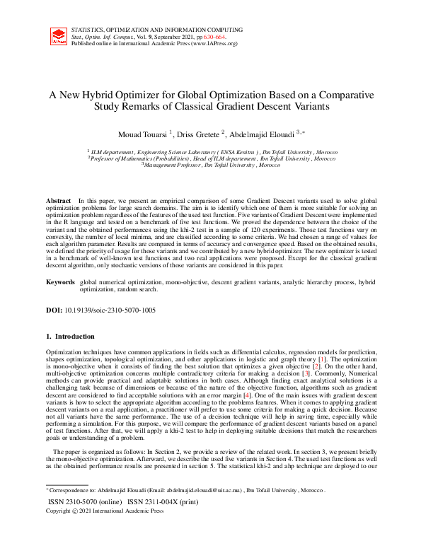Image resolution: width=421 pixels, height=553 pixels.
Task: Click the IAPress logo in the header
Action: (58, 37)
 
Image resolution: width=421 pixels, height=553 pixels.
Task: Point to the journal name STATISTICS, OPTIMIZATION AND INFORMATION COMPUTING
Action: (156, 30)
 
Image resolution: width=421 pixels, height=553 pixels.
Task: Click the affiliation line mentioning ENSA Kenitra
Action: (212, 152)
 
